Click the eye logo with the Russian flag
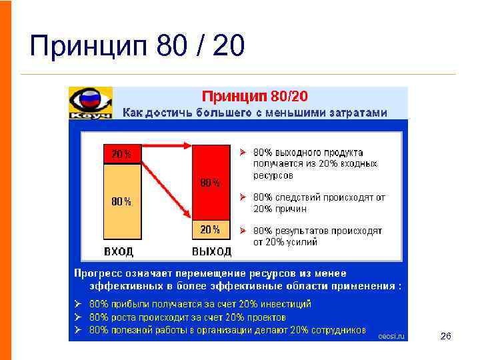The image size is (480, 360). coord(89,101)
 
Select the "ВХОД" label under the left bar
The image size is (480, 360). coord(118,251)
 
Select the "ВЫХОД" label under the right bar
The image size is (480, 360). coord(211,251)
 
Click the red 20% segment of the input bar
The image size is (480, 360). coord(122,154)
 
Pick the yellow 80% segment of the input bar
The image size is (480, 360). coord(122,201)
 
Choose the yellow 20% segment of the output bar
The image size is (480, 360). coord(211,229)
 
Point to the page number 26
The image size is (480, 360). coord(446,337)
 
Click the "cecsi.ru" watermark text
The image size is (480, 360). coord(391,337)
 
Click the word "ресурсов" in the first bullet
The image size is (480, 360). coord(273,175)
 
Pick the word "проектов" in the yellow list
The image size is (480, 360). coord(265,317)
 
